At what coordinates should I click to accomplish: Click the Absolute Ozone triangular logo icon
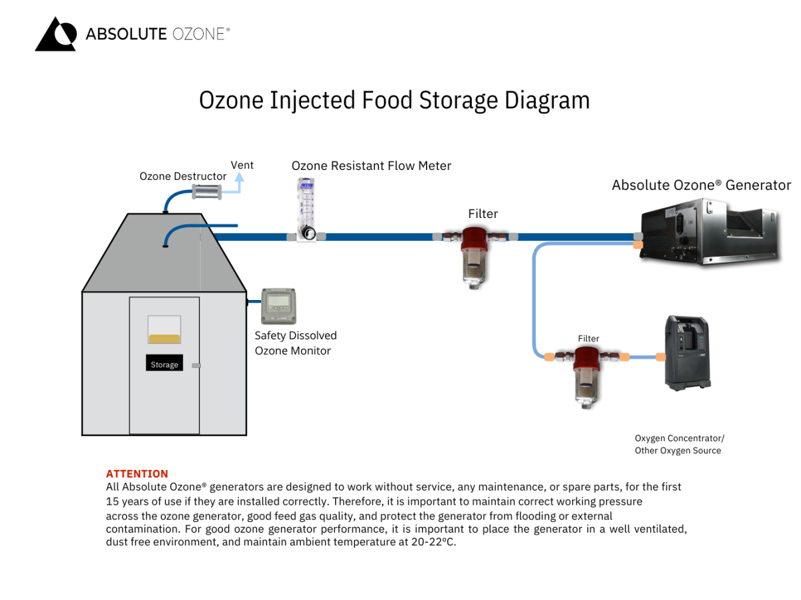coord(55,34)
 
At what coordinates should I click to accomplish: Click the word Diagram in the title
coord(547,100)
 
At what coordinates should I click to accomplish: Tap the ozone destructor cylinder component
coord(206,192)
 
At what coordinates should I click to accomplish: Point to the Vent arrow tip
coord(240,177)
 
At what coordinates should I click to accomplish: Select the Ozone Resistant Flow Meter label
coord(371,165)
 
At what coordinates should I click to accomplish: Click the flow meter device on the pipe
coord(306,209)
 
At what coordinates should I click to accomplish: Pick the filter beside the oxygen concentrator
coord(587,375)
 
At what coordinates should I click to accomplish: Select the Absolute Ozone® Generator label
coord(701,185)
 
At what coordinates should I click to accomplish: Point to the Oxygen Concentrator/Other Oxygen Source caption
coord(679,445)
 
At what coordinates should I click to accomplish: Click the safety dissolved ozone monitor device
coord(278,306)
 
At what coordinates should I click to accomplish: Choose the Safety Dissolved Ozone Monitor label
coord(295,343)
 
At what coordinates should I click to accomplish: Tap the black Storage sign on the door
coord(164,364)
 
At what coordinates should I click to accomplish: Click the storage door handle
coord(196,365)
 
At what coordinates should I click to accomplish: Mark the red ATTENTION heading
coord(137,474)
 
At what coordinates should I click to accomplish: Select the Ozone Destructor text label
coord(183,177)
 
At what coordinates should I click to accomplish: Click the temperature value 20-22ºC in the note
coord(433,542)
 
